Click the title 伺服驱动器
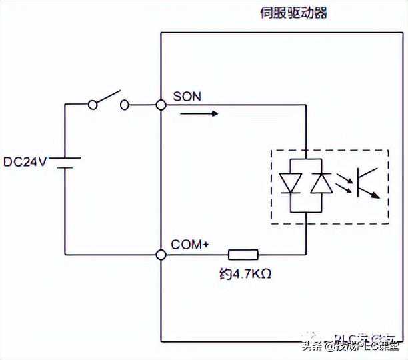[294, 13]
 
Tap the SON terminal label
[187, 96]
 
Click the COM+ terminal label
[191, 245]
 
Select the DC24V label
[24, 162]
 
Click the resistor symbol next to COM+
[243, 254]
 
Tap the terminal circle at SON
[161, 105]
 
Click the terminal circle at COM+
[161, 254]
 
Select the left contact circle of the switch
[93, 105]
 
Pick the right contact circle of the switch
[124, 105]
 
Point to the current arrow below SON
[199, 113]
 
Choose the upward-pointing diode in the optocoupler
[322, 182]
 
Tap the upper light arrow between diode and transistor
[343, 177]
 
